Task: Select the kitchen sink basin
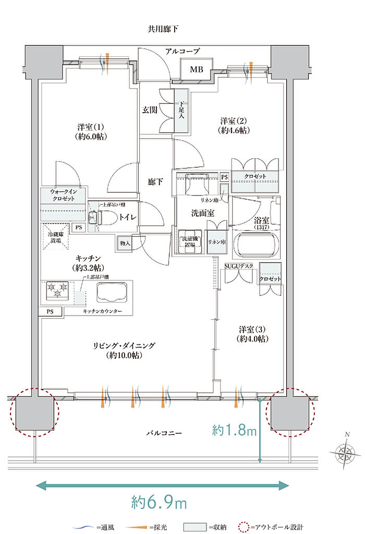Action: coord(112,292)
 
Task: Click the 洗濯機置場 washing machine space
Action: coord(190,241)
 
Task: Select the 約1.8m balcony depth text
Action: coord(235,431)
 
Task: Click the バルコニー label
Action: coord(163,432)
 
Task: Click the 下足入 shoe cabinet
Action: coord(181,110)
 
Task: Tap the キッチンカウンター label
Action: coord(102,311)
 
